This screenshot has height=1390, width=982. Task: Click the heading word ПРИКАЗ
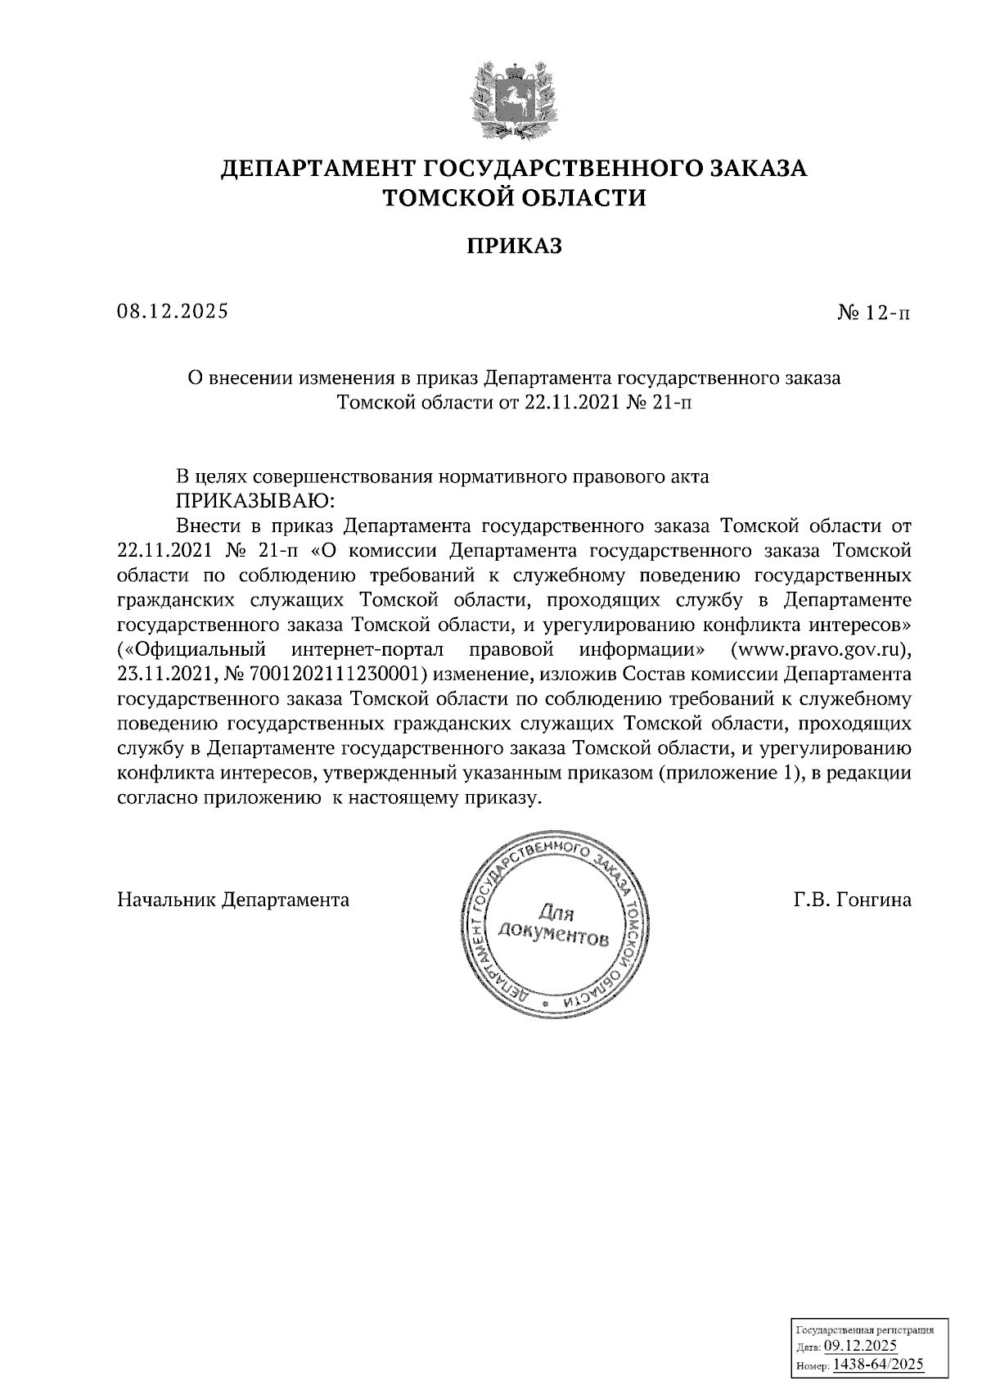tap(515, 246)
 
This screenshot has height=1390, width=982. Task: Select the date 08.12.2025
tap(173, 311)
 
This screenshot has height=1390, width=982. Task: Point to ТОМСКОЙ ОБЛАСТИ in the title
tap(515, 198)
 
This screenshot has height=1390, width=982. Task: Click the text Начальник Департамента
tap(233, 900)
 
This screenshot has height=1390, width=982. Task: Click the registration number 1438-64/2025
tap(877, 1363)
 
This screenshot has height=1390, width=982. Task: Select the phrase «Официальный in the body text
tap(192, 651)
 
